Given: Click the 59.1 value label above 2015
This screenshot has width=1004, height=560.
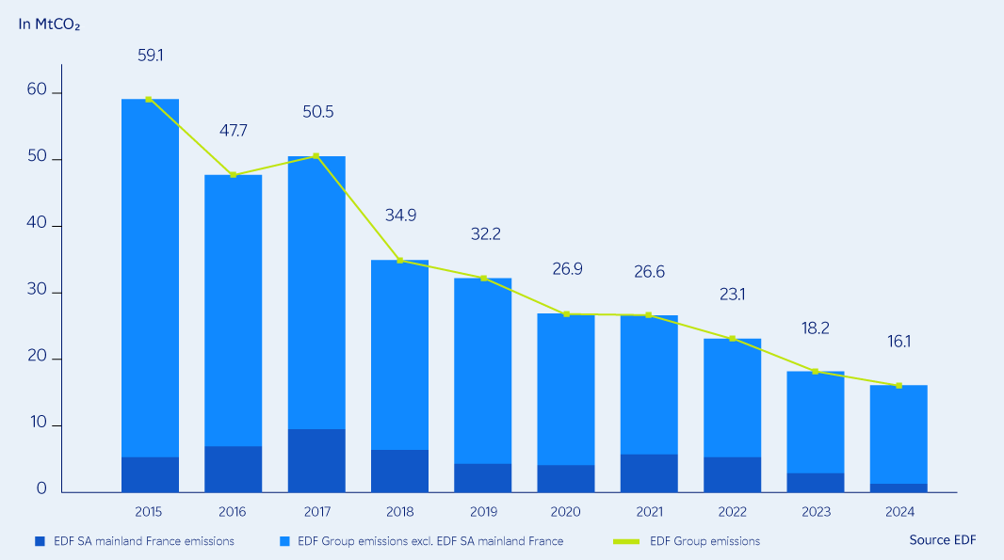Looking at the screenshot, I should click(x=151, y=56).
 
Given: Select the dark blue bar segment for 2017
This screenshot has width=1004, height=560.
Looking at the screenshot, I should click(x=316, y=460).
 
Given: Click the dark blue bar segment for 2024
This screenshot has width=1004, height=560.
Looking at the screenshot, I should click(x=899, y=488).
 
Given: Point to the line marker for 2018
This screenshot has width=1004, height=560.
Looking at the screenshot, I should click(x=400, y=261).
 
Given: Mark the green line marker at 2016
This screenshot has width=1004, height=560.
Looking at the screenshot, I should click(x=234, y=175).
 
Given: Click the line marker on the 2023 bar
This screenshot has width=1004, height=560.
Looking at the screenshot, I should click(x=816, y=372).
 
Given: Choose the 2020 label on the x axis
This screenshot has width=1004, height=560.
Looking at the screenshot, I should click(x=566, y=512).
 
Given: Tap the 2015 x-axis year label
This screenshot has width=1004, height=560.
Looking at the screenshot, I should click(x=149, y=512).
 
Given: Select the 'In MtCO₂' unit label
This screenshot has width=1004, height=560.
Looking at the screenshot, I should click(x=49, y=24).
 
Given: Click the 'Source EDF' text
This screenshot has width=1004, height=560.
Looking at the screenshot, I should click(x=943, y=540).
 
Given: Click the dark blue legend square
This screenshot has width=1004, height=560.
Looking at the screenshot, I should click(x=40, y=541).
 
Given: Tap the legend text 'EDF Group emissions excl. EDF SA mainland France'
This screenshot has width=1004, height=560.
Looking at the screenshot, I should click(x=429, y=541).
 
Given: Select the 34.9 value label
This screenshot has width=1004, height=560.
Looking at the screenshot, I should click(x=400, y=215).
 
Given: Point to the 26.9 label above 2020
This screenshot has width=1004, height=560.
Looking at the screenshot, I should click(x=567, y=269).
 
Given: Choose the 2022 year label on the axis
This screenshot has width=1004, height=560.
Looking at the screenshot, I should click(x=733, y=512).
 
